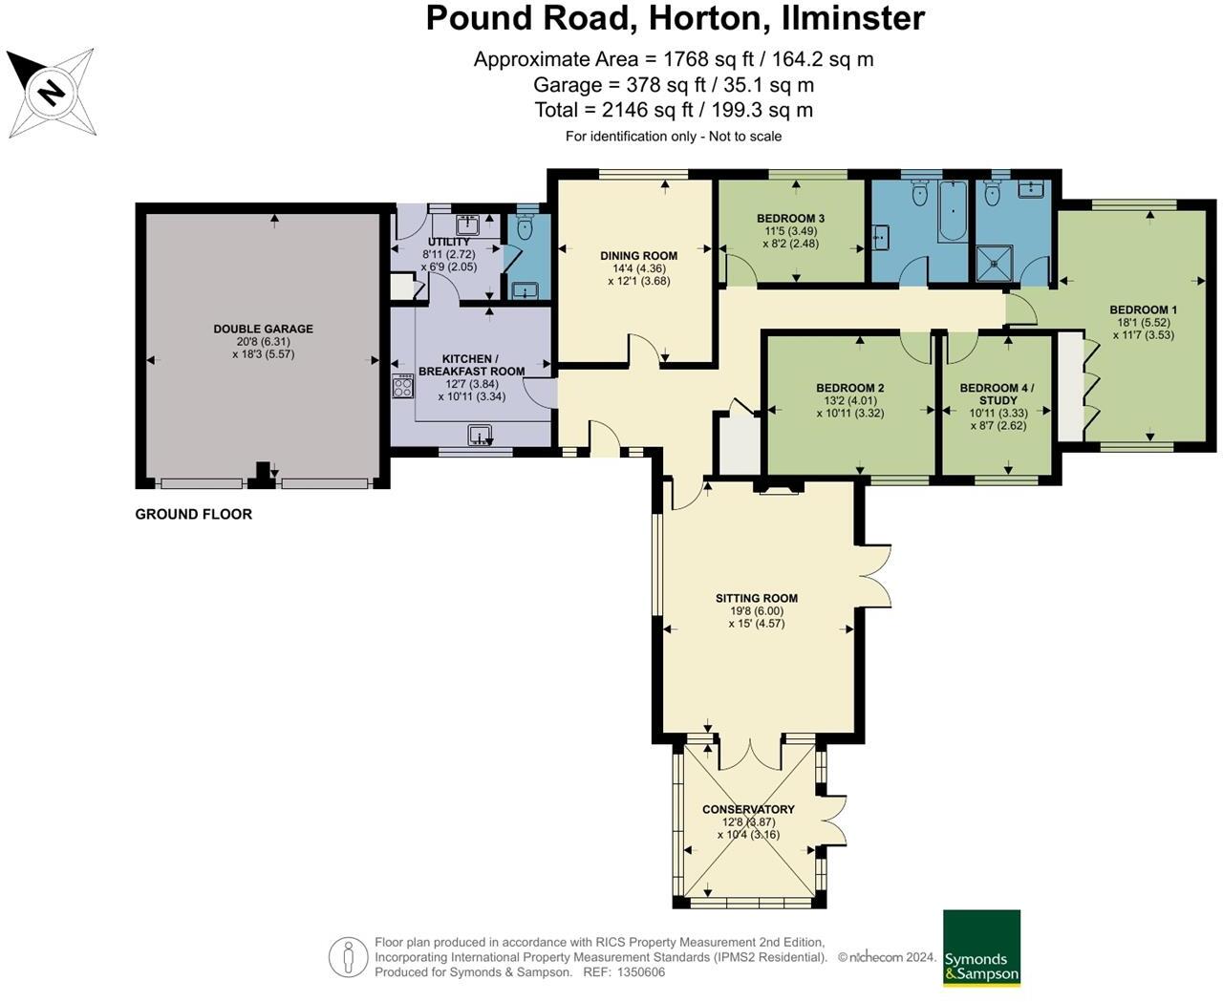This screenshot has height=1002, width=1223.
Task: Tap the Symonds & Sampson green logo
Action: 981,948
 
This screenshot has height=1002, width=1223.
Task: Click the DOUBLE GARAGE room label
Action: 264,329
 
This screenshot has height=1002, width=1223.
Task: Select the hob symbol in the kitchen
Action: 403,386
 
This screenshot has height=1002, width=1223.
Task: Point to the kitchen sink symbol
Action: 480,435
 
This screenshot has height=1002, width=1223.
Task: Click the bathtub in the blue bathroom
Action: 953,210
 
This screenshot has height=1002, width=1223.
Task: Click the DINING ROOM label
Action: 638,256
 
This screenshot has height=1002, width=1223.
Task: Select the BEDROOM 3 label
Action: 790,219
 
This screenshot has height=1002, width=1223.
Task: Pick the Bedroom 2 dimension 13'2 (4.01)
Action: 849,400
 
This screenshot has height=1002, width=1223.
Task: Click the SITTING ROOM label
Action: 756,598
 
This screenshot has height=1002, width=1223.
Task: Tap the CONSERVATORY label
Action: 748,809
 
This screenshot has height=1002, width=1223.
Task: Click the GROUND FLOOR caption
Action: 194,514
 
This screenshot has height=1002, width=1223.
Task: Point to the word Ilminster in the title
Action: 853,18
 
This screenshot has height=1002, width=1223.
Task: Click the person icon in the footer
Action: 348,957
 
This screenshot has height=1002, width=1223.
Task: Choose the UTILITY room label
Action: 448,242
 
